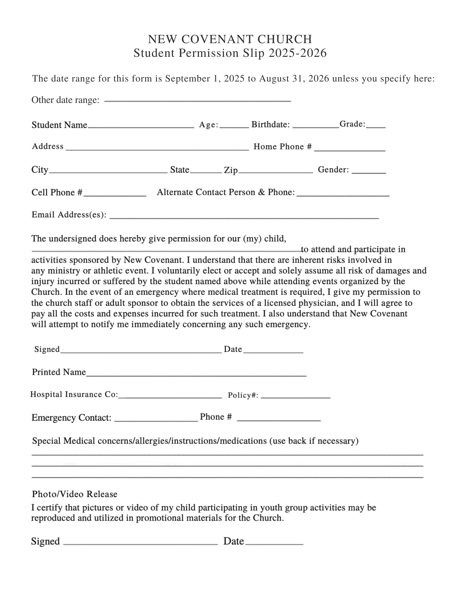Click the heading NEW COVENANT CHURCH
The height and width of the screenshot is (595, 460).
click(x=230, y=39)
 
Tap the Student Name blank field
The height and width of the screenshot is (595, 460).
click(x=141, y=126)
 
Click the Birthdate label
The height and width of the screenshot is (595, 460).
click(x=270, y=124)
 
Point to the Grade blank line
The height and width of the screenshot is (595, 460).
click(x=376, y=126)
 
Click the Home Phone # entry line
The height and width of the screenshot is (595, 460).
click(x=350, y=149)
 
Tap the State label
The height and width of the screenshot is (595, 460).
click(x=180, y=170)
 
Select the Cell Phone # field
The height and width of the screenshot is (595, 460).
click(x=115, y=195)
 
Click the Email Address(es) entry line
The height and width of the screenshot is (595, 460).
click(x=244, y=217)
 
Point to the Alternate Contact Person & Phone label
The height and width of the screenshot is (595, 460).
click(x=226, y=192)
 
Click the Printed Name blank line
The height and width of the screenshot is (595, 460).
click(x=196, y=375)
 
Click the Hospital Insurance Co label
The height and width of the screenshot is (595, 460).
click(x=74, y=394)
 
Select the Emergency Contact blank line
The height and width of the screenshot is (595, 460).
click(x=156, y=420)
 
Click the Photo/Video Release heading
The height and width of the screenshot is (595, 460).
click(x=74, y=494)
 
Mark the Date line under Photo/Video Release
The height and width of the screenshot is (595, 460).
click(x=274, y=543)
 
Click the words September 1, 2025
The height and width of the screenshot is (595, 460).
click(x=205, y=79)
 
